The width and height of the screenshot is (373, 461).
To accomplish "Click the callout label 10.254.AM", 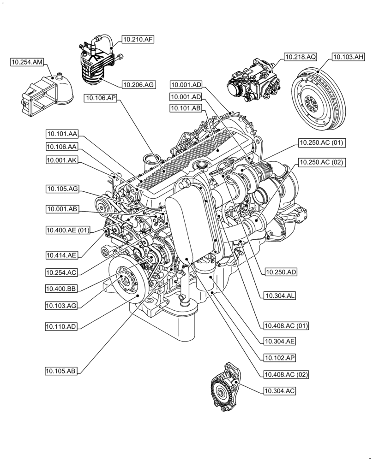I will point(27,61).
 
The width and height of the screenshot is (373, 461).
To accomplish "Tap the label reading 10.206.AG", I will point(138,84).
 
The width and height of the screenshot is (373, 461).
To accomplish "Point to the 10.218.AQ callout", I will point(300,57).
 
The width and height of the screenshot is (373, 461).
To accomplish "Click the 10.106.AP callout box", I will point(100,97).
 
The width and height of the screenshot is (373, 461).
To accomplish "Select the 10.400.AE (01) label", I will point(68,230).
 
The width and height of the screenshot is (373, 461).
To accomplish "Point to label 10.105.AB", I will point(61,371).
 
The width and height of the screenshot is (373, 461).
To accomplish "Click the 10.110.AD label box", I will point(61,326).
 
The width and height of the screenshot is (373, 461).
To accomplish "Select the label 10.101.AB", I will point(186,108).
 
